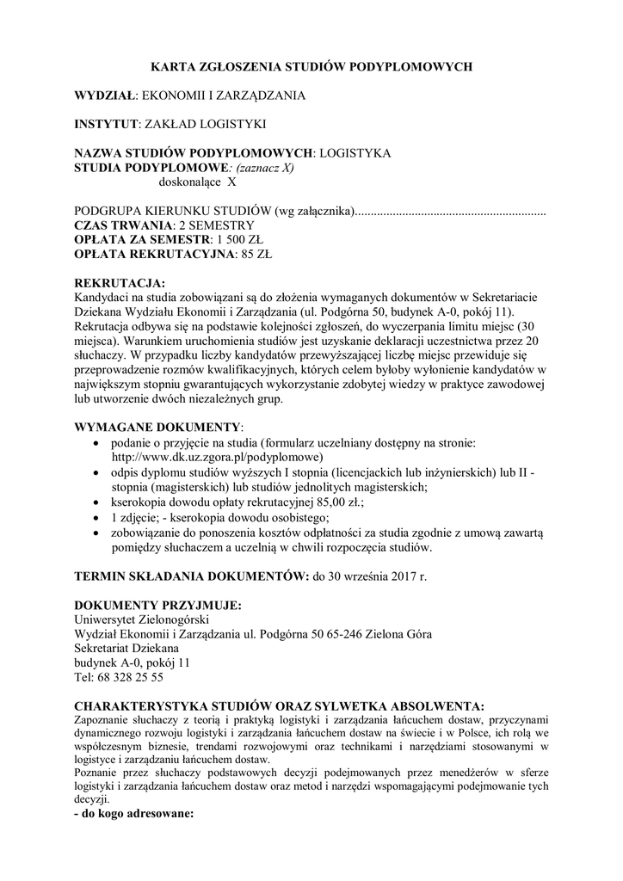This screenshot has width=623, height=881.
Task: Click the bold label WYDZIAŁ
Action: coord(106,95)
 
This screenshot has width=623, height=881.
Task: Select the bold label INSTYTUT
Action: coord(107,124)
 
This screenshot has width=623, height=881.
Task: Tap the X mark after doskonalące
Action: coord(231,182)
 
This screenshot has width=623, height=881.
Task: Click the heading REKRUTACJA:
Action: coord(120,283)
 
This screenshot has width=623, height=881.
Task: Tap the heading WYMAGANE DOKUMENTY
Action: coord(158,428)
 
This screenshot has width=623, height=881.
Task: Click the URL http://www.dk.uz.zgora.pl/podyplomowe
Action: coord(215,457)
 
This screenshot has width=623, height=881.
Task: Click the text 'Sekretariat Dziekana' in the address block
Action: coord(126,648)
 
